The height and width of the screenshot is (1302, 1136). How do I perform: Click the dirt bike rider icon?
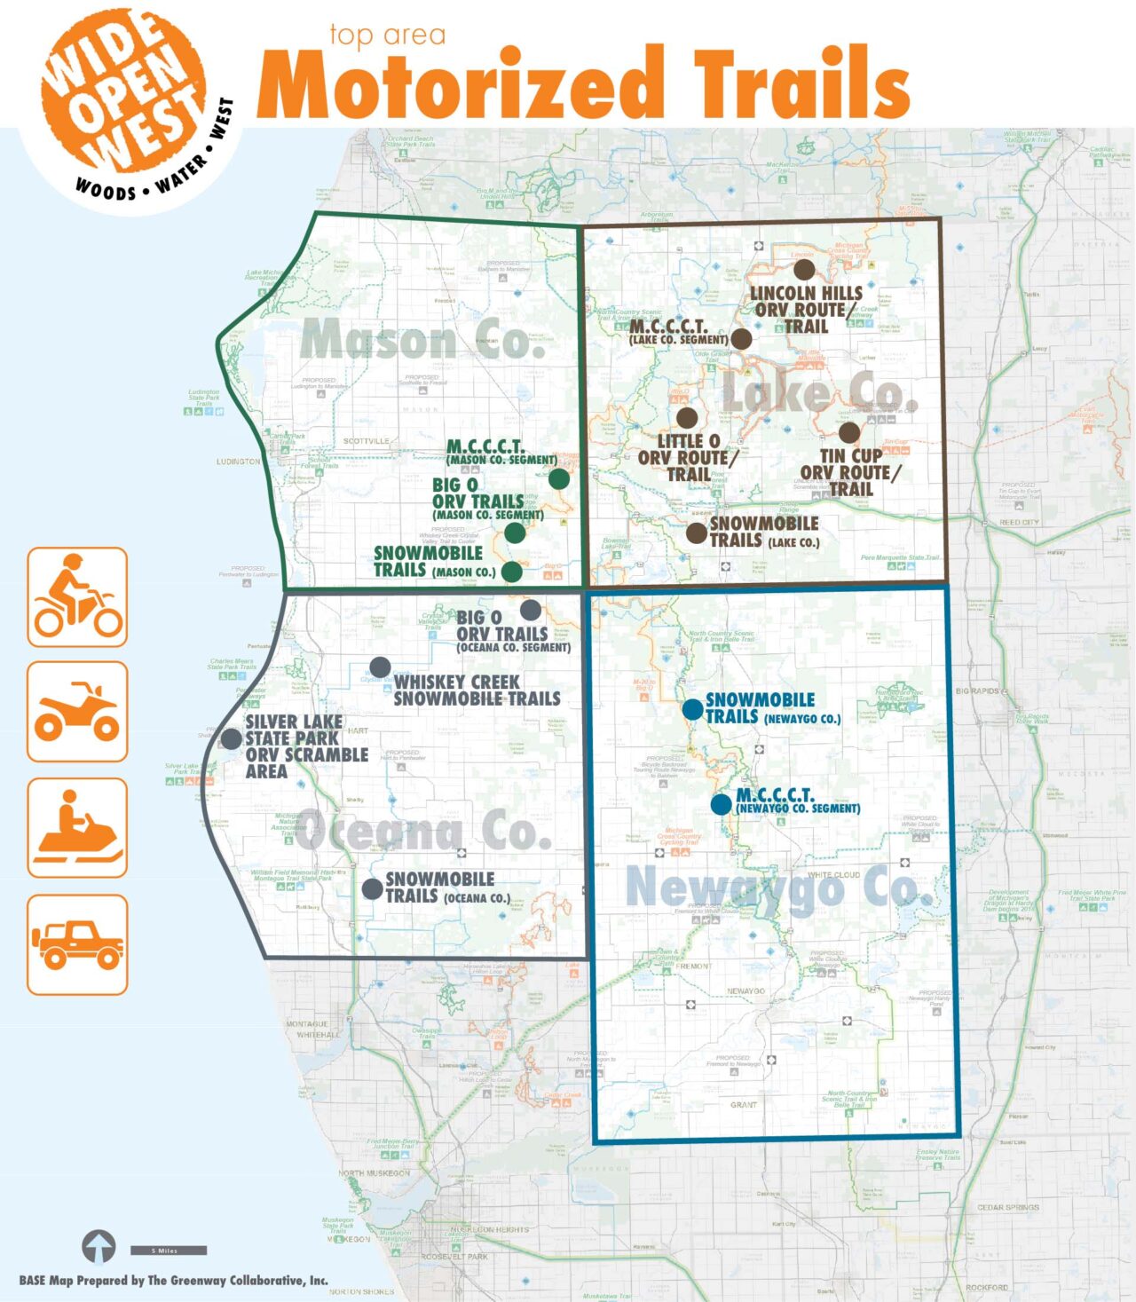pos(77,596)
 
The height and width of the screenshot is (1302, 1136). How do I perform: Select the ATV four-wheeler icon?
pos(77,712)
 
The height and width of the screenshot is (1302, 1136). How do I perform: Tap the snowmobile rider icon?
pos(77,827)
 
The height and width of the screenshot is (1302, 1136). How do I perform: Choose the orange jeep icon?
pos(77,944)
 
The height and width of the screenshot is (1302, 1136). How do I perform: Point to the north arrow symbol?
pos(99,1246)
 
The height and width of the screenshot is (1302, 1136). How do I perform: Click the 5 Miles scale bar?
pos(169,1251)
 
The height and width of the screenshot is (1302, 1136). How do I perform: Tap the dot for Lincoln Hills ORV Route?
pos(804,269)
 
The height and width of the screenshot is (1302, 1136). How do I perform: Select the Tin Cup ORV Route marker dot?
pos(849,432)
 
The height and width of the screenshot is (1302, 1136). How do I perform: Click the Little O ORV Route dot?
pos(687,417)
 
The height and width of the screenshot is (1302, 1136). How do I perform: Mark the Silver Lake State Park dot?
pos(231,738)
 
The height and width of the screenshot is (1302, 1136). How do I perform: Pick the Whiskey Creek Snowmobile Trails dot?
pos(380,667)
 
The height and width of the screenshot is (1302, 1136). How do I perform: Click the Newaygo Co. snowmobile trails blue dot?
pos(692,709)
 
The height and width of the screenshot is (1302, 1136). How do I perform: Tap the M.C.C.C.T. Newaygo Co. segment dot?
pos(721,804)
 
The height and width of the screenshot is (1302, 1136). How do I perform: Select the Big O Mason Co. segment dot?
pos(515,533)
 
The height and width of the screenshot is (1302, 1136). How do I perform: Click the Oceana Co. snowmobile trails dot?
pos(373,888)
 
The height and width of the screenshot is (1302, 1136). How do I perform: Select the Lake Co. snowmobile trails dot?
pos(697,533)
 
